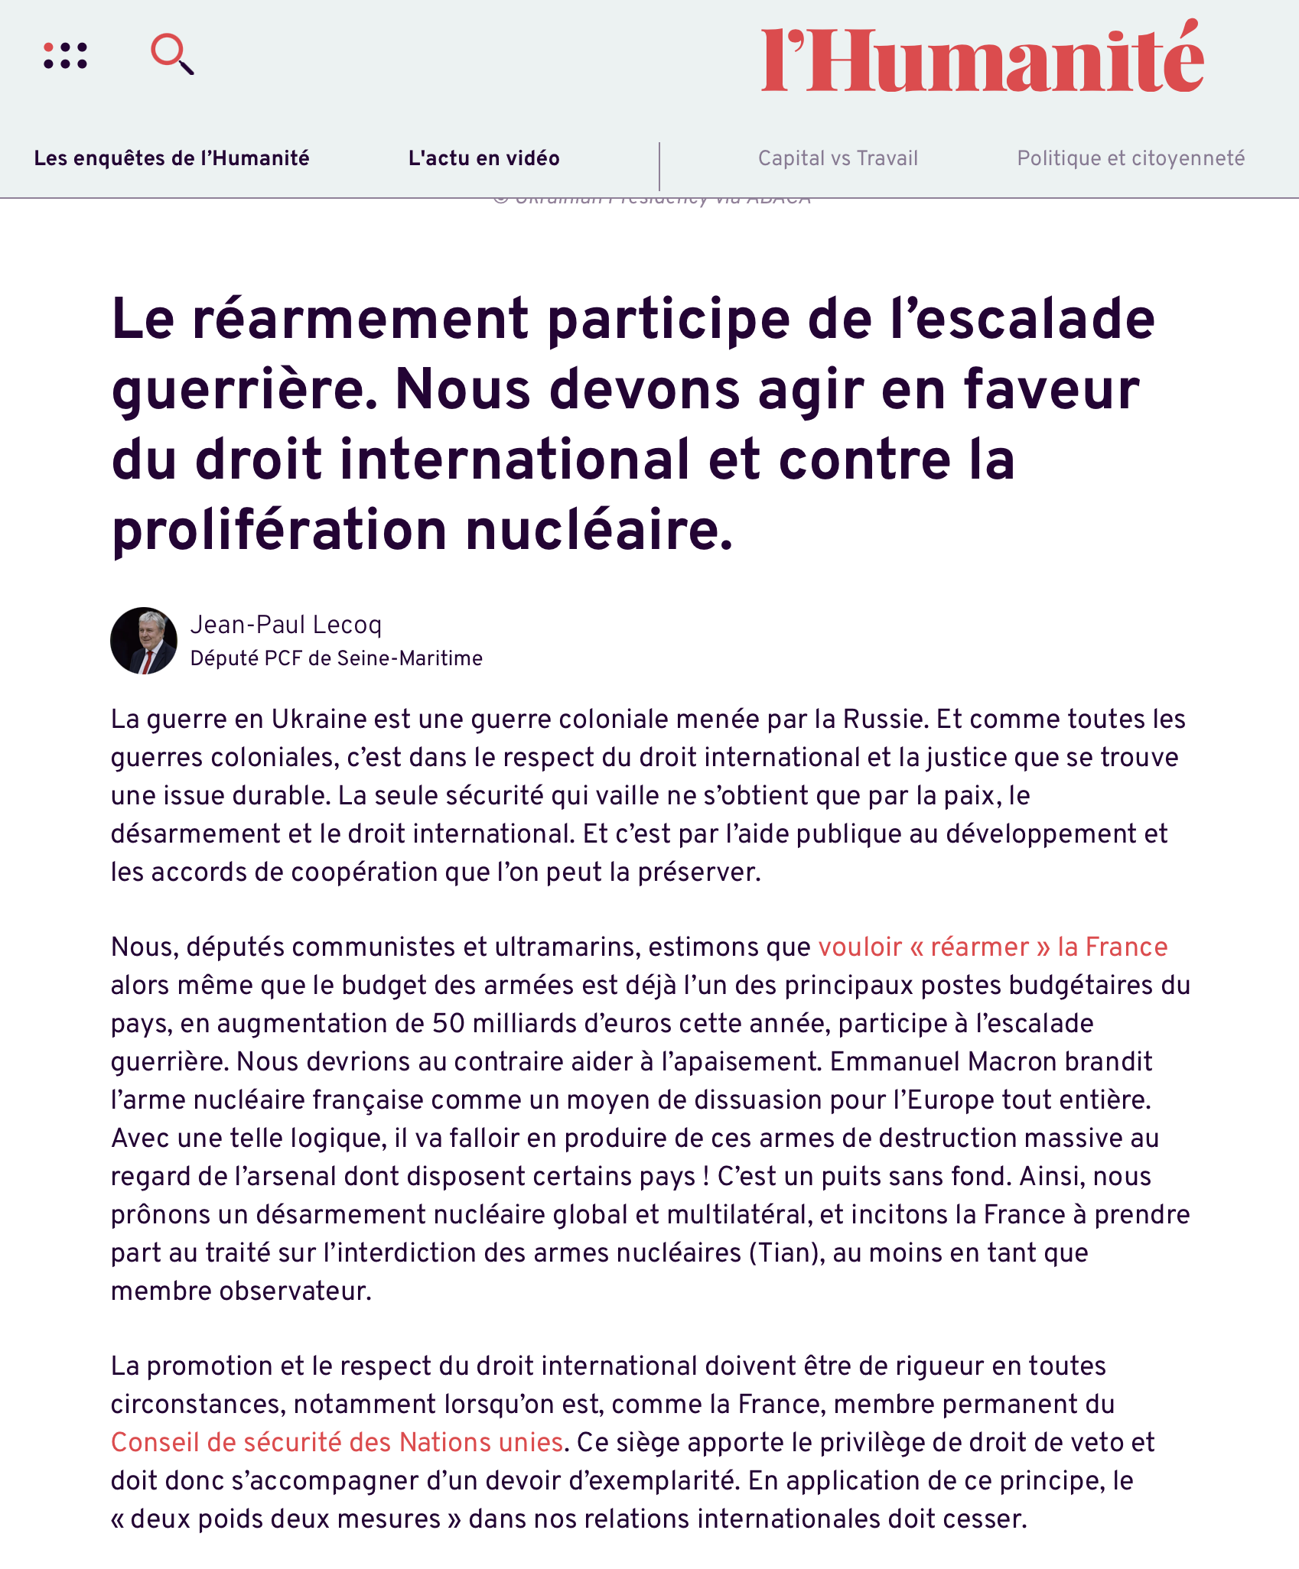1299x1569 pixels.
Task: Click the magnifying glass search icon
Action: tap(172, 54)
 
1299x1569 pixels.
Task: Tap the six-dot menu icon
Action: tap(66, 56)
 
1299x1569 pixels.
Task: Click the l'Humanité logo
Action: tap(982, 58)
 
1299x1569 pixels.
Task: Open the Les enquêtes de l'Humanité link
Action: tap(171, 158)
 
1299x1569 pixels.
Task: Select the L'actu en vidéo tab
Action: tap(483, 158)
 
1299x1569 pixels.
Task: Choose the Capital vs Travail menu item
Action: tap(838, 158)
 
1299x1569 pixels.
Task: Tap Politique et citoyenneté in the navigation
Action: tap(1131, 158)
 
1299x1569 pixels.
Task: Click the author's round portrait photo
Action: tap(144, 641)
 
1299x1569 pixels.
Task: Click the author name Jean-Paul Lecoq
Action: tap(285, 625)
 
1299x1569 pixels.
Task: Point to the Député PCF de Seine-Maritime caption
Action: tap(336, 658)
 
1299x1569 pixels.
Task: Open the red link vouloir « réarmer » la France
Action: tap(992, 947)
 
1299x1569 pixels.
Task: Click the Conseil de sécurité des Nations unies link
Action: tap(337, 1442)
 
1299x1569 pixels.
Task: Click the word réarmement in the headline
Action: tap(360, 319)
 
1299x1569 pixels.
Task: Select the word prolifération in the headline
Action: tap(279, 530)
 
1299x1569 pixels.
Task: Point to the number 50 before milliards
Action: tap(449, 1023)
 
